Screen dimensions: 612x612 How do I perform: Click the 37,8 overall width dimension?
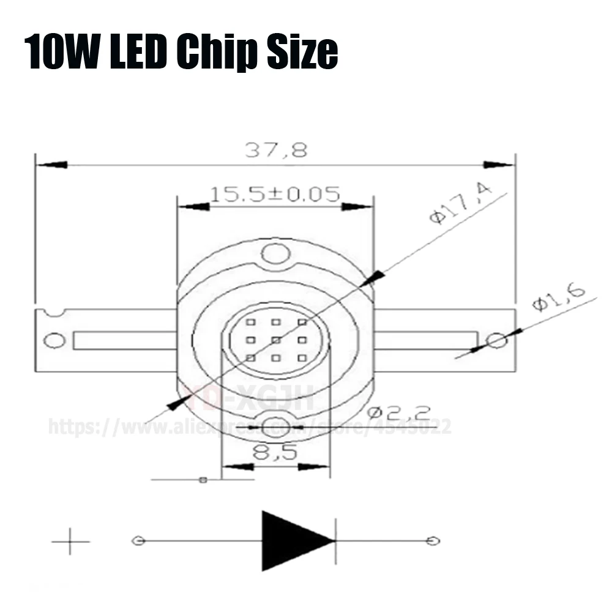276,150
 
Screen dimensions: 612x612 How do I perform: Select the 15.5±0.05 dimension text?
275,195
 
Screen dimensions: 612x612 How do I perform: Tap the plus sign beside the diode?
70,542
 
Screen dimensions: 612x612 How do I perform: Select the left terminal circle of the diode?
138,541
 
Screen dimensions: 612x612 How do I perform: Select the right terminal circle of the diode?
433,541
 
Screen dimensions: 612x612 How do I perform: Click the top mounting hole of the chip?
274,253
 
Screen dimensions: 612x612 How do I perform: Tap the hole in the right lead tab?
496,340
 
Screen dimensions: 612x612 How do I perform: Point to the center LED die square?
276,340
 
